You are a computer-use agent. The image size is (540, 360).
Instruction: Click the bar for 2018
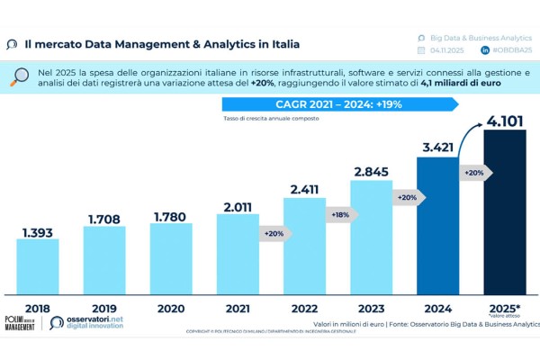[38, 266]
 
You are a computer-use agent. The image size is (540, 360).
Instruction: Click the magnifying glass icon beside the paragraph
[19, 76]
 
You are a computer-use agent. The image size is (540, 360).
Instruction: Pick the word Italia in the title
[280, 43]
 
